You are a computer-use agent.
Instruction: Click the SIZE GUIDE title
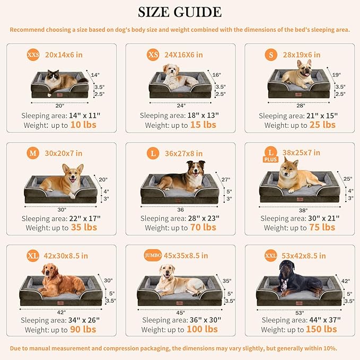point(180,12)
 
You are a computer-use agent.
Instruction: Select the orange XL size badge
point(33,256)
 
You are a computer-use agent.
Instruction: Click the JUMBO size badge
point(153,256)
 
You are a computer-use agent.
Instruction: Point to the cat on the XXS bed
point(59,80)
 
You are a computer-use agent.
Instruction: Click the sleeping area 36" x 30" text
point(180,320)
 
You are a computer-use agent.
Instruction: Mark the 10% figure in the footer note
point(327,348)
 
